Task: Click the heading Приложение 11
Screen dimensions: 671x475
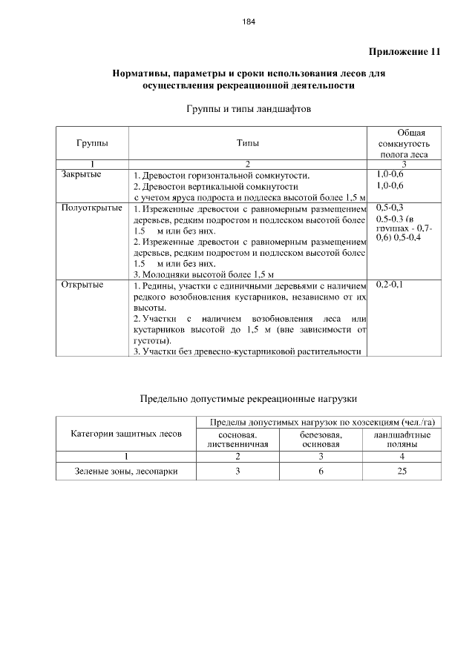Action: click(404, 52)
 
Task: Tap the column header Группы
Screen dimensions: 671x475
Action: click(91, 142)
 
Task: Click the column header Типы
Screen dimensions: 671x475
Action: click(248, 142)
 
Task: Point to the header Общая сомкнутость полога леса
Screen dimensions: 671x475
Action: click(402, 142)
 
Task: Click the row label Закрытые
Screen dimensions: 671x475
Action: click(81, 175)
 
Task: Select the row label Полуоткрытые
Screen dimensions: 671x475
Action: click(91, 208)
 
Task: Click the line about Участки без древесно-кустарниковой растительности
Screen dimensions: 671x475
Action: click(247, 351)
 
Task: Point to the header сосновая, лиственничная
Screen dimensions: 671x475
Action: click(237, 439)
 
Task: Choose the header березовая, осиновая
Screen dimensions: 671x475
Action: click(321, 439)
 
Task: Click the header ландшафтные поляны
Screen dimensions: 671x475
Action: click(402, 439)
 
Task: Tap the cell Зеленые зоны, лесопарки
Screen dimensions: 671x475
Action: click(125, 471)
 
